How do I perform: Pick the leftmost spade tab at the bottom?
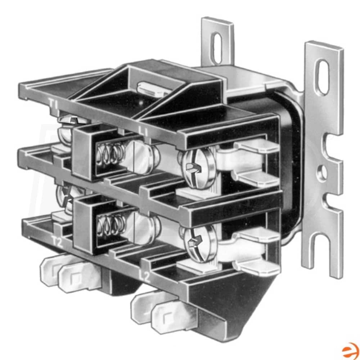[50, 270]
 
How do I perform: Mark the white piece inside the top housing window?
[153, 89]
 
